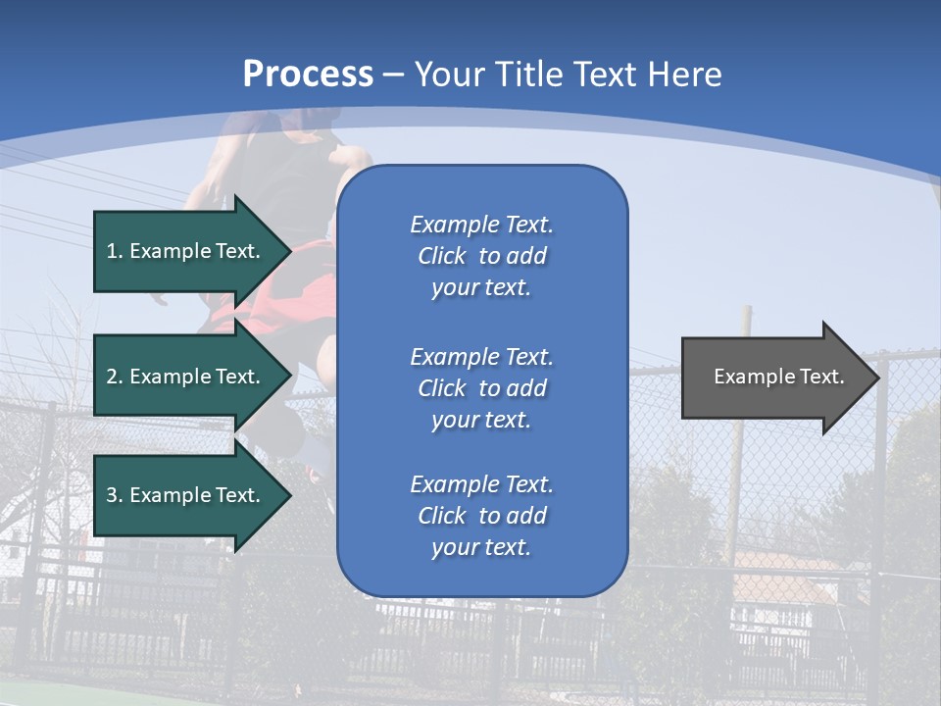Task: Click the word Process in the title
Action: click(x=308, y=75)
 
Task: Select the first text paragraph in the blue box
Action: click(x=481, y=256)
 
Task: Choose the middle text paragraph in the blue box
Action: click(x=481, y=388)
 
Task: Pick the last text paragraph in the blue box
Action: click(x=481, y=516)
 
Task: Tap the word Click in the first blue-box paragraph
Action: click(x=442, y=257)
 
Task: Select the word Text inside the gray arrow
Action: click(x=822, y=377)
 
